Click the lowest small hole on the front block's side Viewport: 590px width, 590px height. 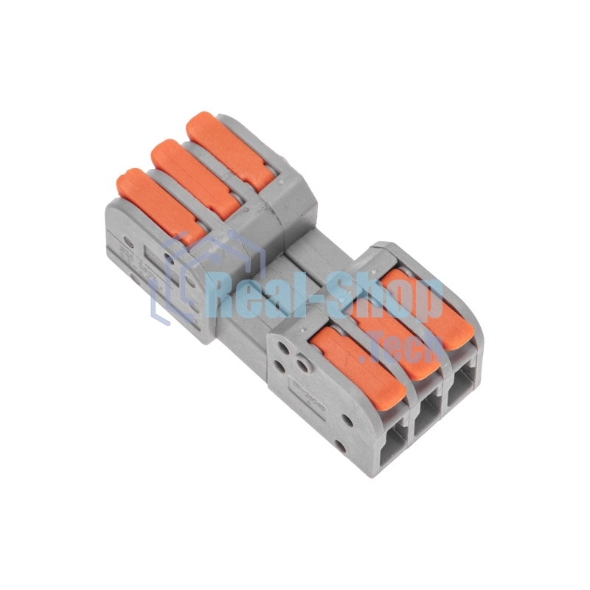339,447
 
